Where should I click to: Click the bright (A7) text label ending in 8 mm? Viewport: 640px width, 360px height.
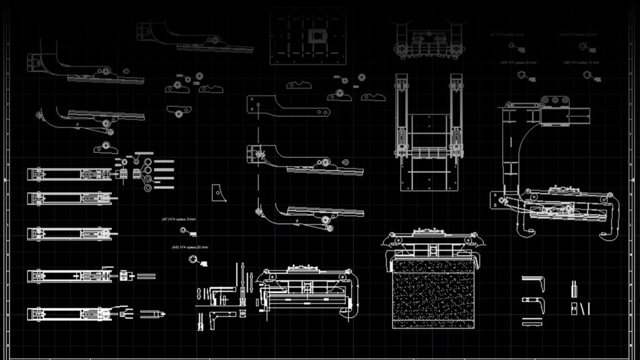[179, 219]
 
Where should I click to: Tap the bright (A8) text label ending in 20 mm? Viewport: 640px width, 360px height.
[189, 247]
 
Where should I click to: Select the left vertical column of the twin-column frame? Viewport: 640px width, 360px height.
[401, 116]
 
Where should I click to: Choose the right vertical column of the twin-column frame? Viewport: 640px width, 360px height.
[456, 116]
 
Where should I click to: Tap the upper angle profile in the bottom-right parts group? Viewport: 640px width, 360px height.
[535, 282]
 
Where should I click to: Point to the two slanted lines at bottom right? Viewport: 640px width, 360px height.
[585, 308]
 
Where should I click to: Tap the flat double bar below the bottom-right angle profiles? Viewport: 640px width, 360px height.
[533, 322]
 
